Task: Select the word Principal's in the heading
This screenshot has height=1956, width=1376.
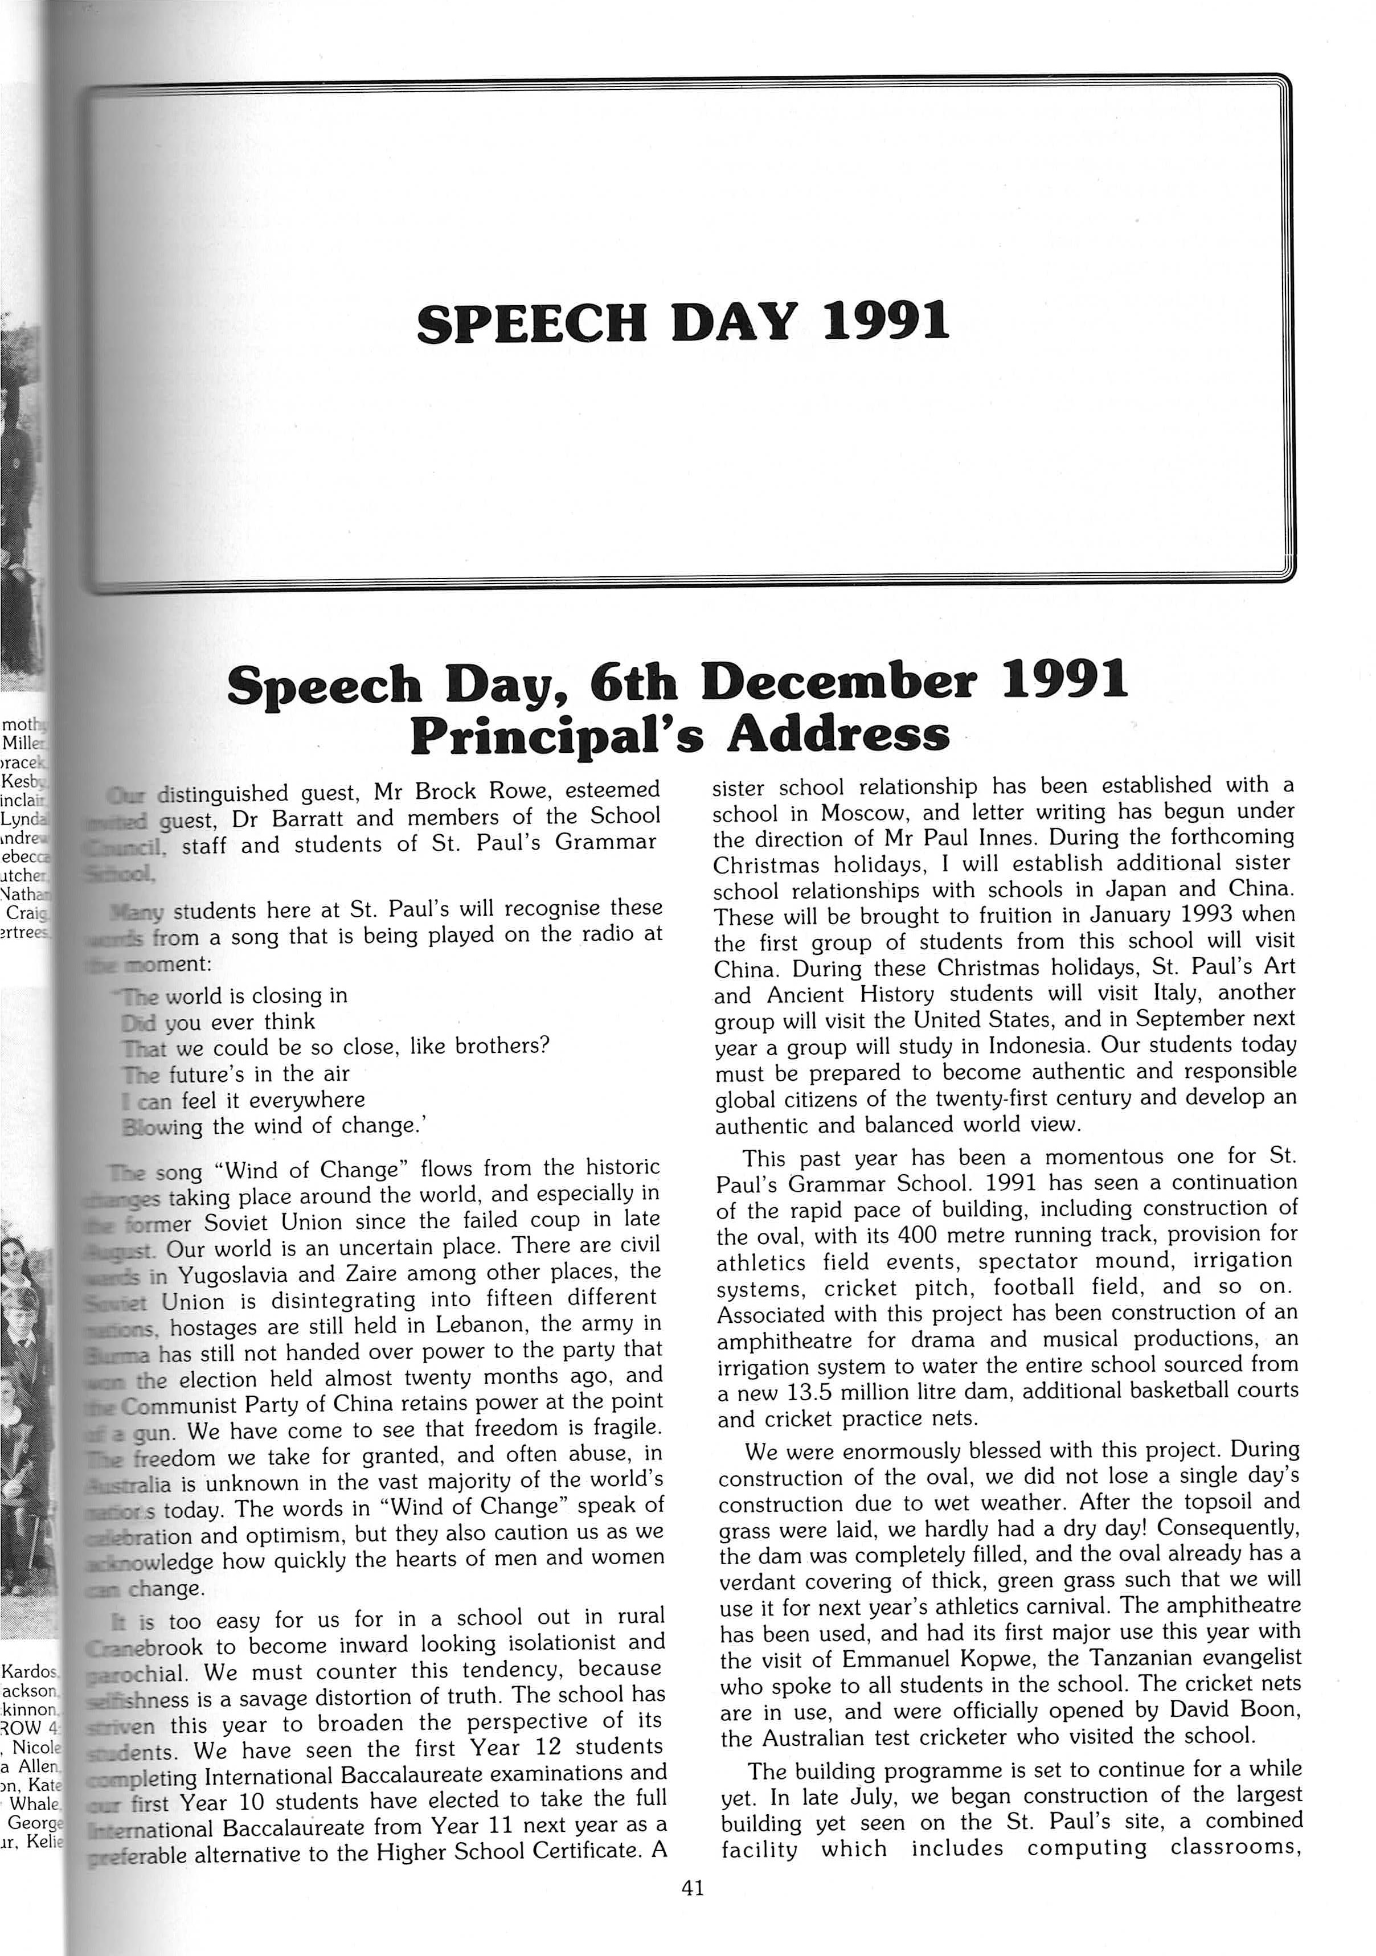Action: pos(556,735)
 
